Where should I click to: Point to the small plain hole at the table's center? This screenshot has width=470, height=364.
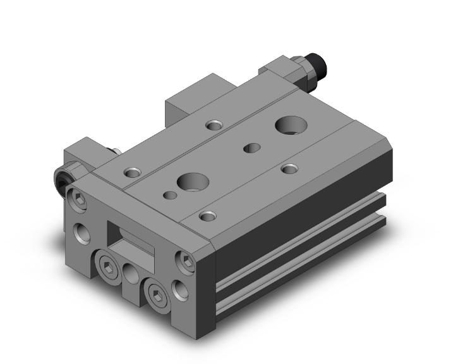(x=252, y=148)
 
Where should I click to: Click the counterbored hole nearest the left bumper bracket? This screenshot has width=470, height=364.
(x=132, y=172)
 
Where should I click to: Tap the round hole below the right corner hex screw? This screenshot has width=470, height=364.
(x=182, y=290)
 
